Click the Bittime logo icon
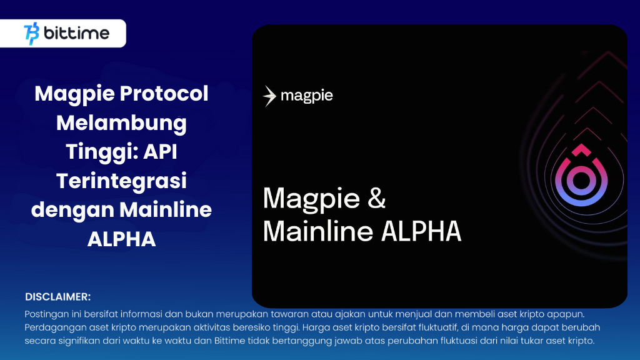31,33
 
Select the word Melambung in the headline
121,122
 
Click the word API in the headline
167,152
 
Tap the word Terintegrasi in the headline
121,181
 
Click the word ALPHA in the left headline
121,239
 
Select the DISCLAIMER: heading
58,296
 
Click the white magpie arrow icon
269,96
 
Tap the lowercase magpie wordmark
306,96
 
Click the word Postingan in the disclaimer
46,313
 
